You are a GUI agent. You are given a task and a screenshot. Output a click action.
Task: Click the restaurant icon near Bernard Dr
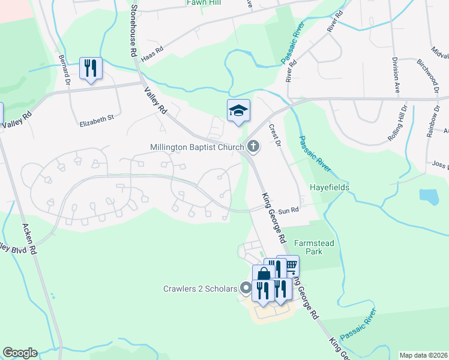[91, 68]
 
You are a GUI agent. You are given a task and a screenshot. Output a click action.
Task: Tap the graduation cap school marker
[238, 110]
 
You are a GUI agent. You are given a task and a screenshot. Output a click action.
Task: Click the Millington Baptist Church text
[197, 147]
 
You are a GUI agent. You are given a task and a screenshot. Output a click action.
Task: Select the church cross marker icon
[253, 146]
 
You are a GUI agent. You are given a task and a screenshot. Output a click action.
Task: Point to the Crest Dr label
[275, 135]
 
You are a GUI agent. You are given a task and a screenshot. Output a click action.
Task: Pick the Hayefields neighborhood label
[329, 187]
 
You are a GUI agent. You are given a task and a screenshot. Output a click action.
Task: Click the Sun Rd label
[289, 210]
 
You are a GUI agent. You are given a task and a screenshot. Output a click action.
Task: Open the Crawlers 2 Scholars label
[200, 289]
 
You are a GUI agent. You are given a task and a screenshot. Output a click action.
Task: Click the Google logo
[20, 353]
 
